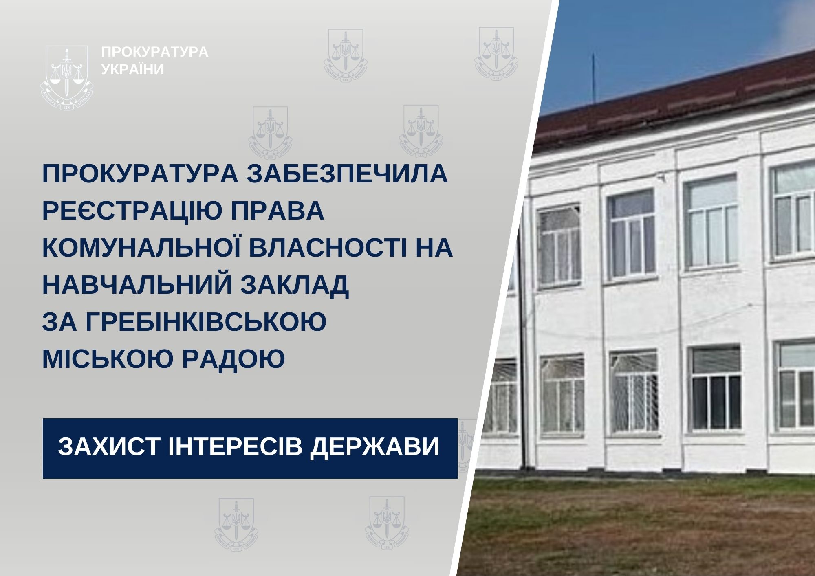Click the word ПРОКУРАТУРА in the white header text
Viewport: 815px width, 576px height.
click(x=155, y=52)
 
